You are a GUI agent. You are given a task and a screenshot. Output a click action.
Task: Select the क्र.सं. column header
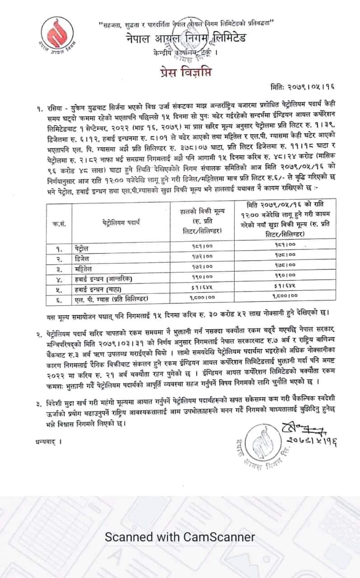[59, 223]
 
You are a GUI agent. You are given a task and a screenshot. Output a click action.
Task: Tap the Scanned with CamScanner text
[180, 537]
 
